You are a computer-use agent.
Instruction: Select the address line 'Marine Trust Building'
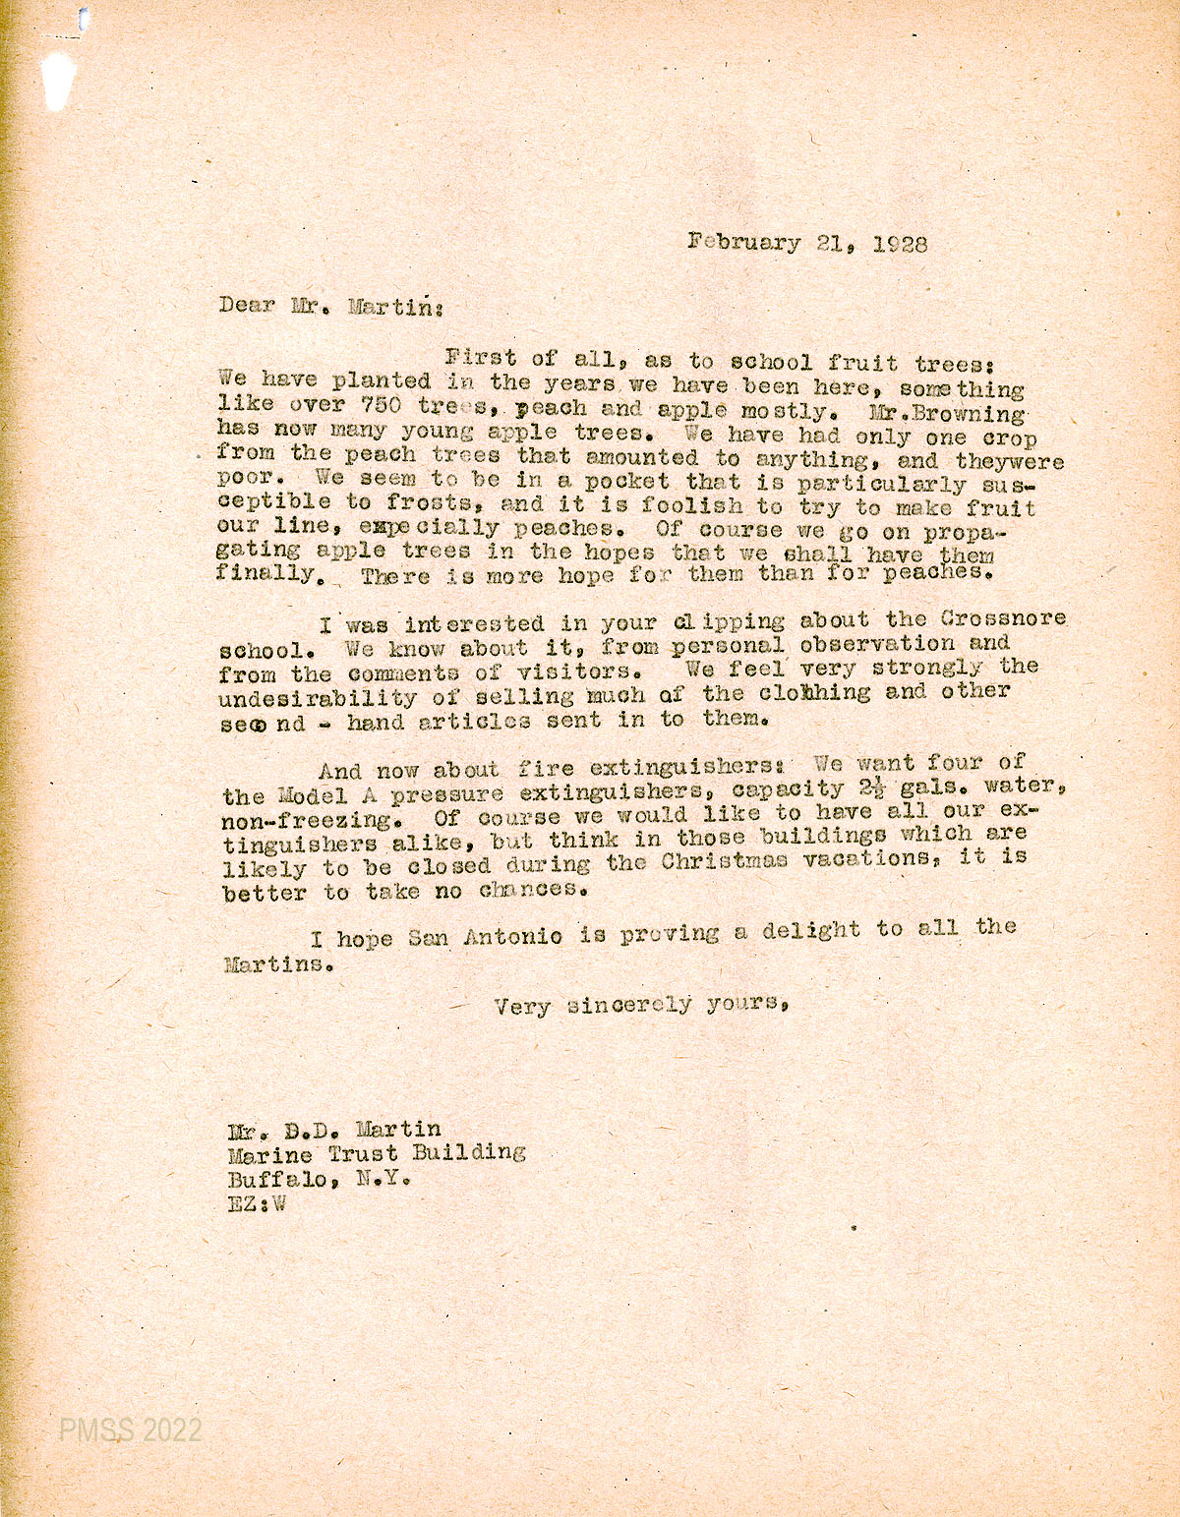[x=377, y=1153]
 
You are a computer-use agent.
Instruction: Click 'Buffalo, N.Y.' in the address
[x=318, y=1178]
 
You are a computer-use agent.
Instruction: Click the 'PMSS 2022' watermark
[x=130, y=1429]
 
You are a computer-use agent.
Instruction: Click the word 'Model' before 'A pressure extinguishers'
[x=312, y=794]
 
